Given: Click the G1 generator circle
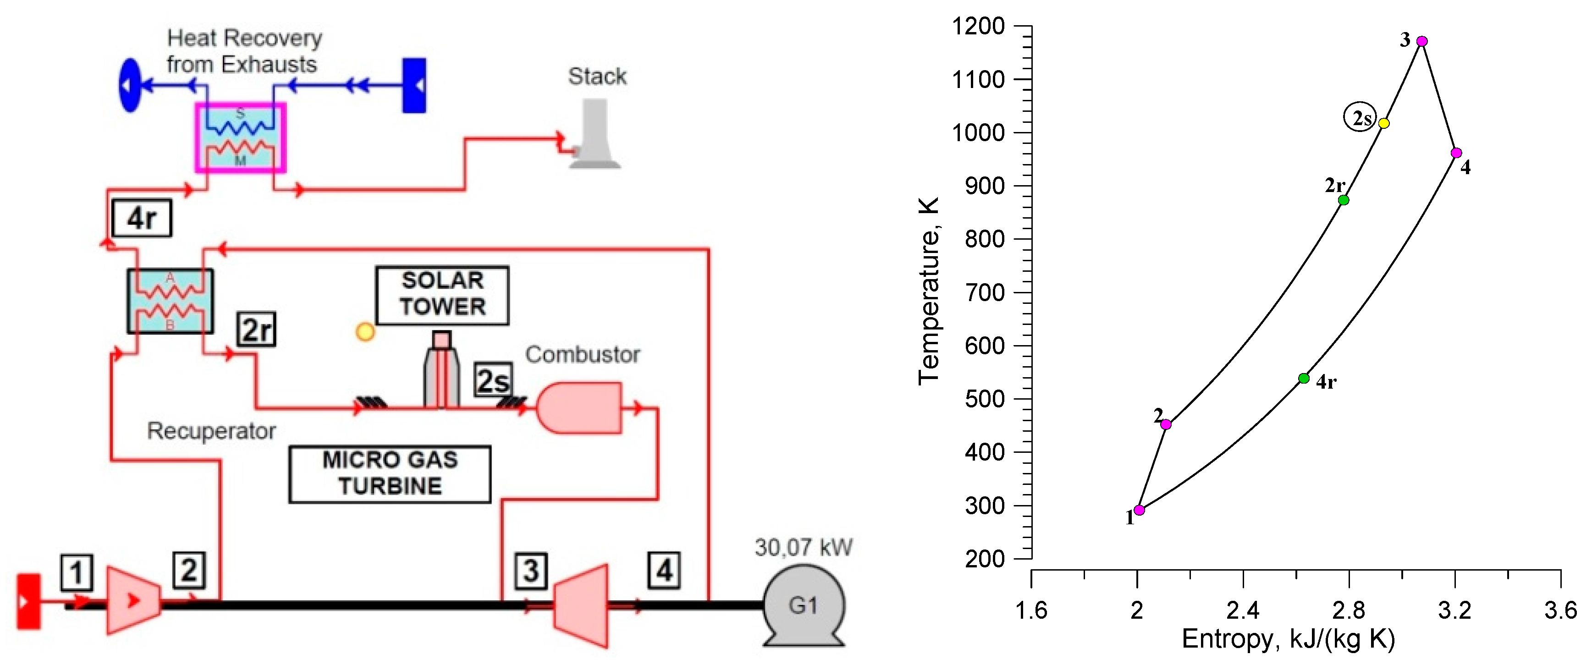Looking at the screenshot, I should point(804,605).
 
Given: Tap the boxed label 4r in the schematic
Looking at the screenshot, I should point(142,218).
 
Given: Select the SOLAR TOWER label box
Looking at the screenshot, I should point(442,295).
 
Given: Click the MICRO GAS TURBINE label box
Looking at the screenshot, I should point(390,473).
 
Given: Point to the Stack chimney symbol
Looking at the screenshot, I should point(593,136).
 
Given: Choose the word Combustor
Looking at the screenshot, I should point(582,354).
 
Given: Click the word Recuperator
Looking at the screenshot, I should point(211,431).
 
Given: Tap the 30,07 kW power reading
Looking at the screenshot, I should point(804,547).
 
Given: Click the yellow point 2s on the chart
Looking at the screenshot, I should point(1384,123).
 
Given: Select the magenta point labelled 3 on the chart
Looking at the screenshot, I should point(1421,41).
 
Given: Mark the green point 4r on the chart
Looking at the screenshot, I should point(1303,378).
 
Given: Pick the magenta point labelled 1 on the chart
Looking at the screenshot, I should point(1139,510).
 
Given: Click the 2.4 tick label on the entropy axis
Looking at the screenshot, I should point(1242,610).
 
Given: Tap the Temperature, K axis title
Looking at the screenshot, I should point(928,291).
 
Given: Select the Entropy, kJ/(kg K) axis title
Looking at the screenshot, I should point(1288,639).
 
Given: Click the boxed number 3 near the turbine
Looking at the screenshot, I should point(531,571).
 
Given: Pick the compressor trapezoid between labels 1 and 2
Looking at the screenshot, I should point(133,599).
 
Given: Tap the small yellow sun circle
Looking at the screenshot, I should point(365,332).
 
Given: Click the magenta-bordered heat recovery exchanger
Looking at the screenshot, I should point(240,137).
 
